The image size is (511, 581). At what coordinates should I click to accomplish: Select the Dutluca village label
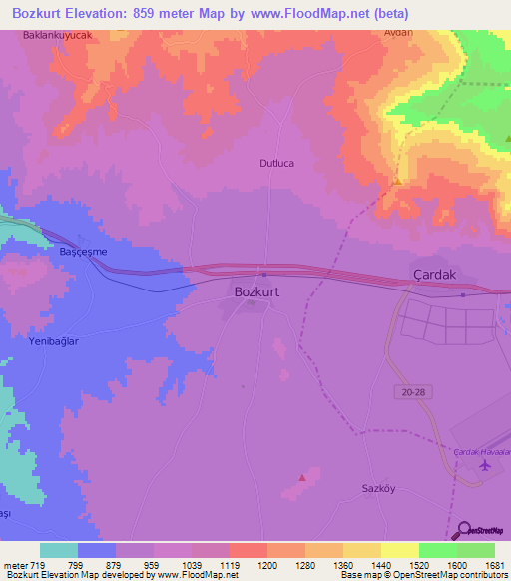point(277,162)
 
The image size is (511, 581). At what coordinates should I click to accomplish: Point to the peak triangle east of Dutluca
point(397,182)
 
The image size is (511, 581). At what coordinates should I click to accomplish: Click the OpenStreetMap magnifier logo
point(462,532)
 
